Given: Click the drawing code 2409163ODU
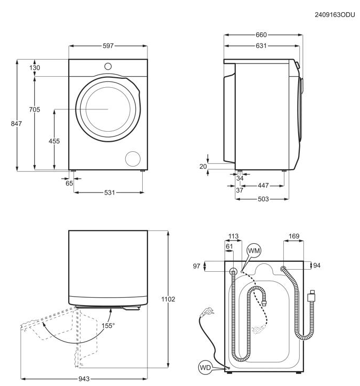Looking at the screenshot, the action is click(x=335, y=15).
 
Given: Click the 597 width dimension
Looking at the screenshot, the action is click(x=108, y=46).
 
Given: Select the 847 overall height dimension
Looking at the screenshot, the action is click(x=16, y=124).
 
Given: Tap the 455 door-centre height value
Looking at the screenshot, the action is click(x=54, y=141).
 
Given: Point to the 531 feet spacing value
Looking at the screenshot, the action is click(x=109, y=192).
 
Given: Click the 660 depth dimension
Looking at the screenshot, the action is click(x=261, y=35).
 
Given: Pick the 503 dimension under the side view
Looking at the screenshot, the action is click(x=263, y=199).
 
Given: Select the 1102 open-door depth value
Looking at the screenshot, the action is click(x=168, y=299).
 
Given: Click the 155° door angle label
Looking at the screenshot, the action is click(x=108, y=326).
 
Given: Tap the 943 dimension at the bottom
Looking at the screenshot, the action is click(x=84, y=379).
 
